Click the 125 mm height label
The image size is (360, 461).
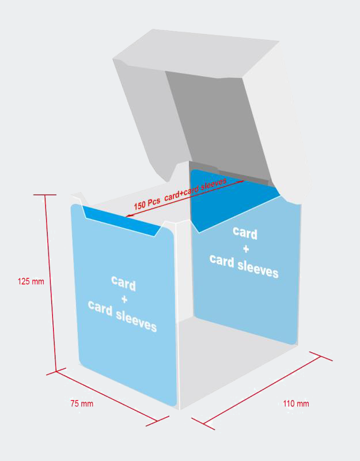click(x=31, y=282)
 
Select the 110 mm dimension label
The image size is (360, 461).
click(x=295, y=403)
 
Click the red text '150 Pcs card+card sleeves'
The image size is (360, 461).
click(x=180, y=194)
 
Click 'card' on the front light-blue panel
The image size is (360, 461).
click(x=123, y=284)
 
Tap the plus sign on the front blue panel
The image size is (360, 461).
click(x=123, y=300)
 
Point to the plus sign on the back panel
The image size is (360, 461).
click(x=245, y=248)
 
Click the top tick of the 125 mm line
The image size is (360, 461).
click(x=44, y=195)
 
